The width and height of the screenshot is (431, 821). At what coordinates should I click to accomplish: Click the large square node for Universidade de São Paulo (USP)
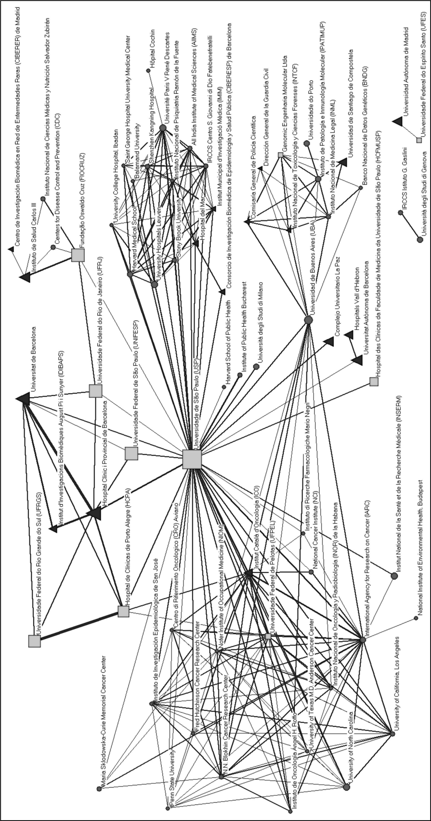coord(192,459)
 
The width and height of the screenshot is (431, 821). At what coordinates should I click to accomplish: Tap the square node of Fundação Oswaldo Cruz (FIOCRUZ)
coord(78,255)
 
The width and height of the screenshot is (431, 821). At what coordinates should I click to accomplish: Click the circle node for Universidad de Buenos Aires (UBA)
coord(308,320)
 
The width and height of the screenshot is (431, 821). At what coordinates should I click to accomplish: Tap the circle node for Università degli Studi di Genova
coord(420,239)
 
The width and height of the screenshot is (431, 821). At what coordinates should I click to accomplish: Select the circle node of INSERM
coord(394,576)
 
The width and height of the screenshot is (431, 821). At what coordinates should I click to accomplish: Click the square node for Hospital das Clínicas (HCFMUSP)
coord(374,382)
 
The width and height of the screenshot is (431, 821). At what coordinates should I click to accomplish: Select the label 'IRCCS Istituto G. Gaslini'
coord(404,178)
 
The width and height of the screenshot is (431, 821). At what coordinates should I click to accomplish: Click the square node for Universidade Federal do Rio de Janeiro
coord(95,391)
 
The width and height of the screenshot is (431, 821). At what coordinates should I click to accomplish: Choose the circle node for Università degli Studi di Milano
coord(256,367)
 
